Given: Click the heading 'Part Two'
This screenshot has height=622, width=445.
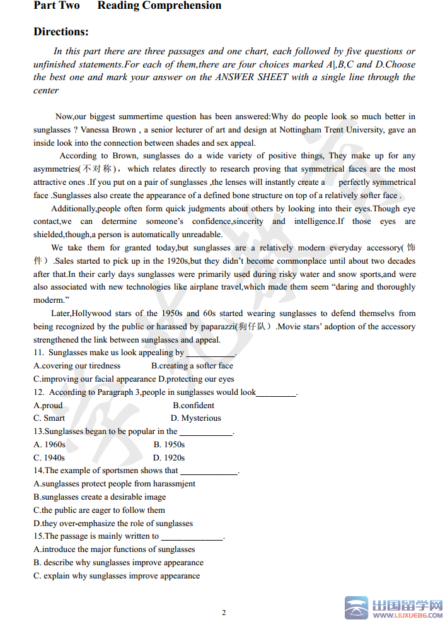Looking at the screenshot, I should tap(57, 6).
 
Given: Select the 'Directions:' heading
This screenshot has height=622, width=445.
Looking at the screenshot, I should tap(61, 32).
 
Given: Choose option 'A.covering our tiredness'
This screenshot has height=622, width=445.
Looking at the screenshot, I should tap(77, 366).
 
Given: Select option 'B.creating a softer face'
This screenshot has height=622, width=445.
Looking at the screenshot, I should tap(192, 366).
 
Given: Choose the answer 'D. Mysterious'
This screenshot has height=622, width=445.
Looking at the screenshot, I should tap(196, 418).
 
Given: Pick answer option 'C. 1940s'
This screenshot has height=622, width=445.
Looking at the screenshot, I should tap(49, 458).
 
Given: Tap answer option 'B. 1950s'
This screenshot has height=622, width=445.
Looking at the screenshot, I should tap(169, 445).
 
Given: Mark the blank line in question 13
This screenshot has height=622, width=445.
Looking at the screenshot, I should tap(206, 434).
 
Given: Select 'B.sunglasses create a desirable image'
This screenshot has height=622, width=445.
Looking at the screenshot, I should tap(100, 497).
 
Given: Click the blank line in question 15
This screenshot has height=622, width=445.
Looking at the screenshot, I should tap(192, 539).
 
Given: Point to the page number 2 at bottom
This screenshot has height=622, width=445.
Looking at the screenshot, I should tap(224, 613).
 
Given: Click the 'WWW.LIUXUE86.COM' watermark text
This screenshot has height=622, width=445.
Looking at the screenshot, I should tap(408, 614).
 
